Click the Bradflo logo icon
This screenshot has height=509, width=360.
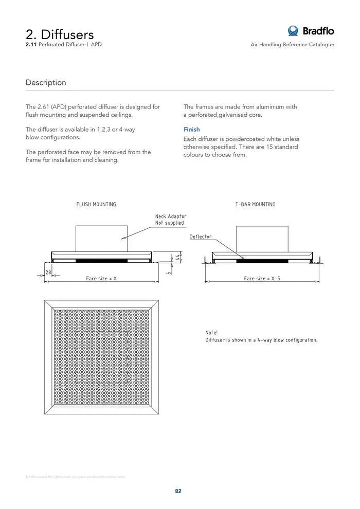pos(294,31)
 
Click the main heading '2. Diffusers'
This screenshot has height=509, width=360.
pos(60,34)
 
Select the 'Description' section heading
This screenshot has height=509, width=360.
pos(46,82)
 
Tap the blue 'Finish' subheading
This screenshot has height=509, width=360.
pos(192,130)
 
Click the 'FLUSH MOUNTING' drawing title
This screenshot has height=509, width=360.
pos(96,204)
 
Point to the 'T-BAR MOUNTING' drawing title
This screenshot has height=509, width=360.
pos(256,204)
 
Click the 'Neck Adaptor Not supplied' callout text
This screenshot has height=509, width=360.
pos(171,220)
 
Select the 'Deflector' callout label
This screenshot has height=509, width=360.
pos(201,237)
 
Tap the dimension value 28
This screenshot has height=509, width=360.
pos(49,271)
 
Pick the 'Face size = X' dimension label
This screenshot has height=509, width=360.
pos(101,278)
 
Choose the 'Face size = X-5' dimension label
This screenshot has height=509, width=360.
pos(262,278)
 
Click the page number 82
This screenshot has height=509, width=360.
pos(178,491)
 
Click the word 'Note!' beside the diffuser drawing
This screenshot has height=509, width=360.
pos(211,333)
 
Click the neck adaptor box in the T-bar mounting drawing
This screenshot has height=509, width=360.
pos(262,239)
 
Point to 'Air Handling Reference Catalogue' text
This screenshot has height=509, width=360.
pos(292,45)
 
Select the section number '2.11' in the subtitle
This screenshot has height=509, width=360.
pos(31,45)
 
